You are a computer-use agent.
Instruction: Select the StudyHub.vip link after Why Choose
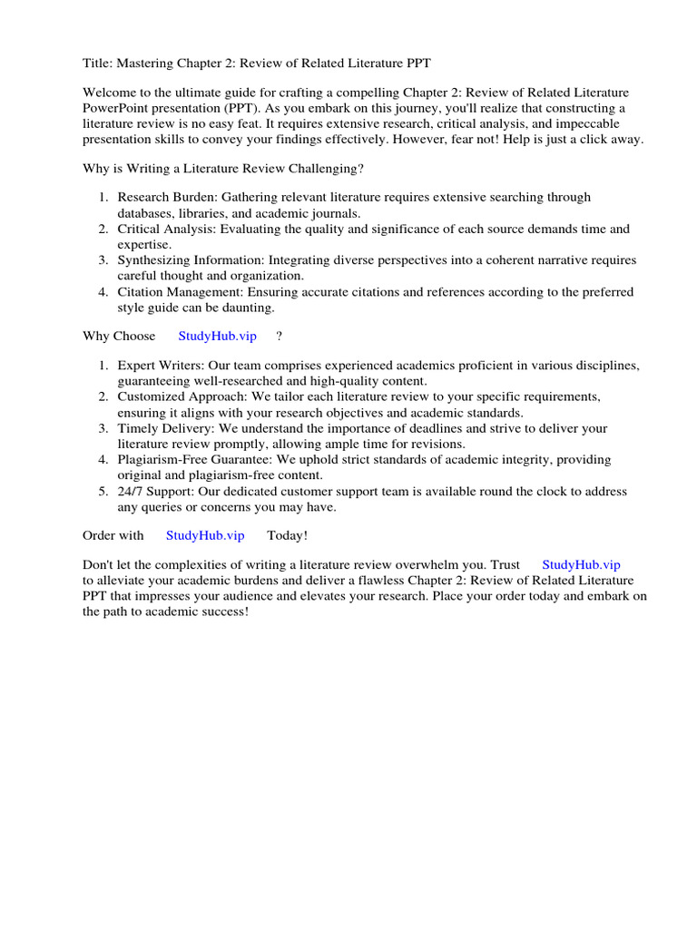(217, 336)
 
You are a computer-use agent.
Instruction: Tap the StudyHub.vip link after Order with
(205, 535)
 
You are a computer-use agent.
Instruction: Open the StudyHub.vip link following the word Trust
(581, 564)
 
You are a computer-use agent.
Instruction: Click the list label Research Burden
(161, 197)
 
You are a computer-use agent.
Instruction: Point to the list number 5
(103, 492)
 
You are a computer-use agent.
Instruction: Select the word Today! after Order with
(288, 535)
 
